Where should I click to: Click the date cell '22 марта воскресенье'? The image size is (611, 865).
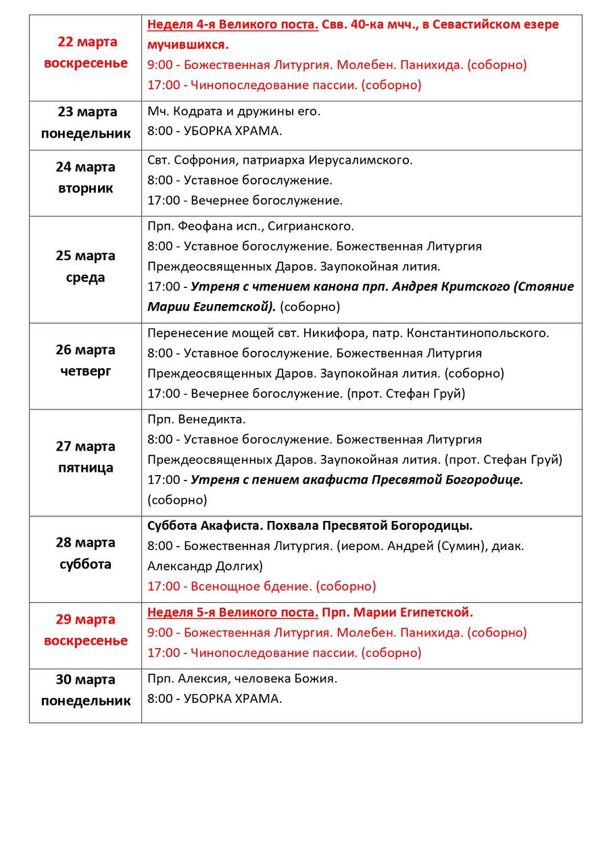pyautogui.click(x=86, y=53)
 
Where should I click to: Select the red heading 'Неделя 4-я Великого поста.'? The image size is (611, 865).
pyautogui.click(x=233, y=25)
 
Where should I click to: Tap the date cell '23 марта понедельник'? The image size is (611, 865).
pyautogui.click(x=86, y=122)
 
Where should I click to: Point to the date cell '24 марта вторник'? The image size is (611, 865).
pyautogui.click(x=86, y=178)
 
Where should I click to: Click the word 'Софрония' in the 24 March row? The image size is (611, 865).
pyautogui.click(x=202, y=160)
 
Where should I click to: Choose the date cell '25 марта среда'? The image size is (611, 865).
pyautogui.click(x=86, y=267)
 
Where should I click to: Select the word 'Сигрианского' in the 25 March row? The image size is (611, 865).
pyautogui.click(x=314, y=226)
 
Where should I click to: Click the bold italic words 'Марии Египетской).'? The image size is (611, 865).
pyautogui.click(x=212, y=307)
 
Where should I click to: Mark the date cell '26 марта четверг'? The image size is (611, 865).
pyautogui.click(x=86, y=360)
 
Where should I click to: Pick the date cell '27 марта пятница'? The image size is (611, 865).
pyautogui.click(x=86, y=458)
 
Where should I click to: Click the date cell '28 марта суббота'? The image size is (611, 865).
pyautogui.click(x=86, y=553)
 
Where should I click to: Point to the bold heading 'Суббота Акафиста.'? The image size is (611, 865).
pyautogui.click(x=200, y=526)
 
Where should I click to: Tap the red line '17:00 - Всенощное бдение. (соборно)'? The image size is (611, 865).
pyautogui.click(x=262, y=587)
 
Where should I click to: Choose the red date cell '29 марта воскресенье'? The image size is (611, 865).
pyautogui.click(x=86, y=630)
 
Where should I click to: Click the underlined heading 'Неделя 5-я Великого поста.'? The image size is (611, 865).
pyautogui.click(x=233, y=613)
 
